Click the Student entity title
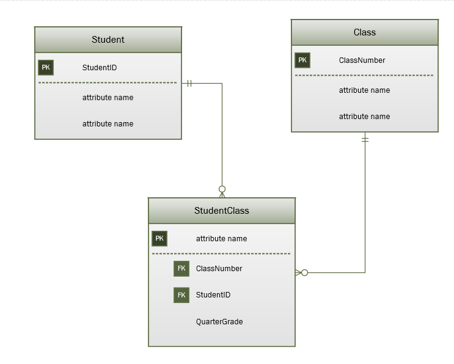(108, 40)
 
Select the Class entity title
(364, 32)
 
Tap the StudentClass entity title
(221, 211)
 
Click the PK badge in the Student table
(46, 68)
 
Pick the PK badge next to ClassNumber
(302, 60)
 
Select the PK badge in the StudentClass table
(159, 239)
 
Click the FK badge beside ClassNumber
(181, 269)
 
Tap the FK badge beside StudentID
(181, 295)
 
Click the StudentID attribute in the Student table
(99, 68)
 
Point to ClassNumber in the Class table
(362, 60)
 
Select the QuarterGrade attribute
(219, 322)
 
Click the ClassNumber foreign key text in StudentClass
(219, 269)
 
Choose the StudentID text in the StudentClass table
(213, 295)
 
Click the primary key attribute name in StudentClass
(221, 239)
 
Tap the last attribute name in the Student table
(108, 124)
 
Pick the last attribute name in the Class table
(364, 117)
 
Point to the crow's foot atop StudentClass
(222, 191)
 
